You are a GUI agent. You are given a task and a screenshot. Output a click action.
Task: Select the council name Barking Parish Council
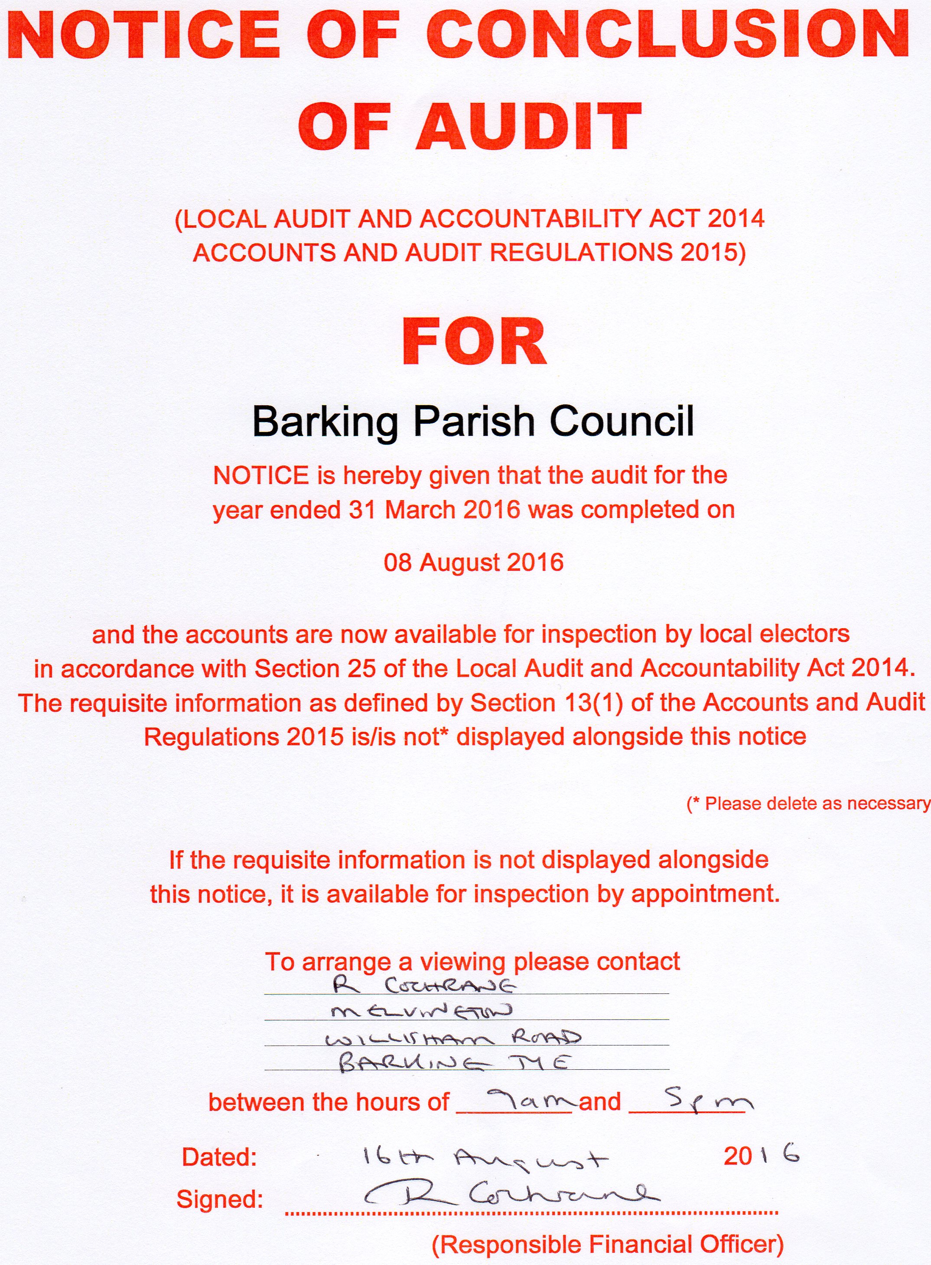472,422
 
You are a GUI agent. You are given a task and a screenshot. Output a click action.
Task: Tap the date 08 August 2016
473,562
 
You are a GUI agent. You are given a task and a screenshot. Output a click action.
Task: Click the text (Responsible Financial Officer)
608,1244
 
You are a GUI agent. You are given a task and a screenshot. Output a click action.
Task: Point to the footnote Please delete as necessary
809,804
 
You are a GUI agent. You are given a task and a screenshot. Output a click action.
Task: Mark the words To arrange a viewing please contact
472,962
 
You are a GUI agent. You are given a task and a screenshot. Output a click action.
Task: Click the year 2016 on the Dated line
761,1156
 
